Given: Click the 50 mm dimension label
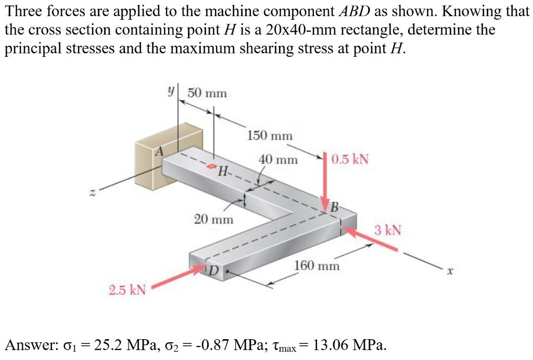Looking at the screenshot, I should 207,93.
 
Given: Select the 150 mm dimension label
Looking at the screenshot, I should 270,136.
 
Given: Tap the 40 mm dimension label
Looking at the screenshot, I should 278,159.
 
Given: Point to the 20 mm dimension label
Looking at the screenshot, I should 213,219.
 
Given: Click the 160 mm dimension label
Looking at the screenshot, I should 317,266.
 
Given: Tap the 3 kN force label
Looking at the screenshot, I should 388,230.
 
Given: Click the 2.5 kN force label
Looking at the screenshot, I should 127,290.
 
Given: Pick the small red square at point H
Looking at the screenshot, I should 211,167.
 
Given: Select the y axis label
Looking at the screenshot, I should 170,90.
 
